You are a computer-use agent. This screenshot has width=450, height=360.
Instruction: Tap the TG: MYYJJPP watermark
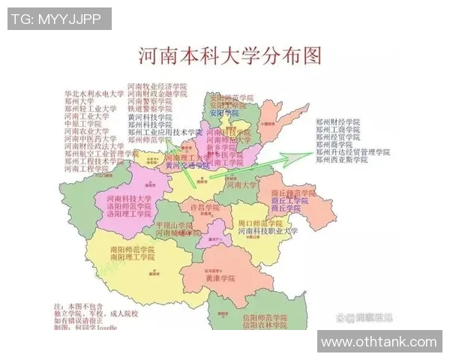59,19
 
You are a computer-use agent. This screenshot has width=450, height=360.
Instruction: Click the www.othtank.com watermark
379,342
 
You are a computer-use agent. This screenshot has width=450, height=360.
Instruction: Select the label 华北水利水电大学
94,94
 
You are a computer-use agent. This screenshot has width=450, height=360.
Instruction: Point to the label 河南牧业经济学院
157,87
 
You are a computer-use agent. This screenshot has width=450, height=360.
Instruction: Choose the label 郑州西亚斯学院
342,160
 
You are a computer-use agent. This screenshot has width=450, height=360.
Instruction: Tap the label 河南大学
241,184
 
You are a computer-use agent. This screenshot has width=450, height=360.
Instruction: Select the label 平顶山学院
175,225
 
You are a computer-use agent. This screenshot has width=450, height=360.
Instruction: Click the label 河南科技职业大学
268,232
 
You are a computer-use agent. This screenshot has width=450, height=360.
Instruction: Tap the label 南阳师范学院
131,249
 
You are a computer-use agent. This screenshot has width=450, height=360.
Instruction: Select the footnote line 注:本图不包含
77,307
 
